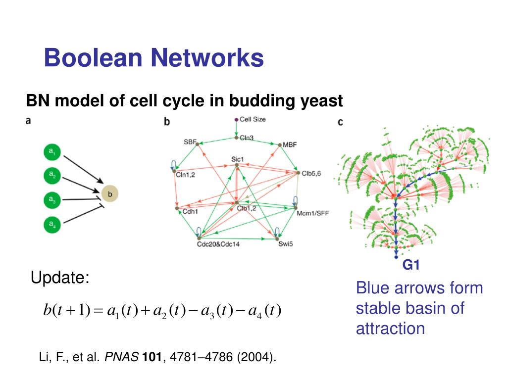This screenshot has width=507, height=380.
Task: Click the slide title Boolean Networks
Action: pyautogui.click(x=153, y=58)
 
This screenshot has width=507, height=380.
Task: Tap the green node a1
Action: pyautogui.click(x=51, y=152)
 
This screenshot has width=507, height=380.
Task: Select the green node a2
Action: pyautogui.click(x=51, y=175)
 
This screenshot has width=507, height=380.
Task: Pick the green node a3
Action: pyautogui.click(x=51, y=200)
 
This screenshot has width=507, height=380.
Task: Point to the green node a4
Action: pyautogui.click(x=51, y=224)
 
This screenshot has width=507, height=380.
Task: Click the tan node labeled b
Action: pyautogui.click(x=109, y=193)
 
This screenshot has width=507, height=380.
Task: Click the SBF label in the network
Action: pyautogui.click(x=190, y=142)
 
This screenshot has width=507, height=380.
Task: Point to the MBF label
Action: pyautogui.click(x=289, y=144)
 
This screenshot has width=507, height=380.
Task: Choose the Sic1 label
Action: pyautogui.click(x=238, y=159)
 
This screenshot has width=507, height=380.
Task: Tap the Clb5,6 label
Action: pyautogui.click(x=311, y=174)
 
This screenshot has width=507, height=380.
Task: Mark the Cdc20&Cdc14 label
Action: pyautogui.click(x=218, y=243)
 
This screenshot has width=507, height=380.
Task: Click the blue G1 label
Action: pyautogui.click(x=410, y=265)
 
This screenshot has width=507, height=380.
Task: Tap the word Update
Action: pyautogui.click(x=60, y=278)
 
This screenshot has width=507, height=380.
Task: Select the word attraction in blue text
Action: pyautogui.click(x=390, y=329)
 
